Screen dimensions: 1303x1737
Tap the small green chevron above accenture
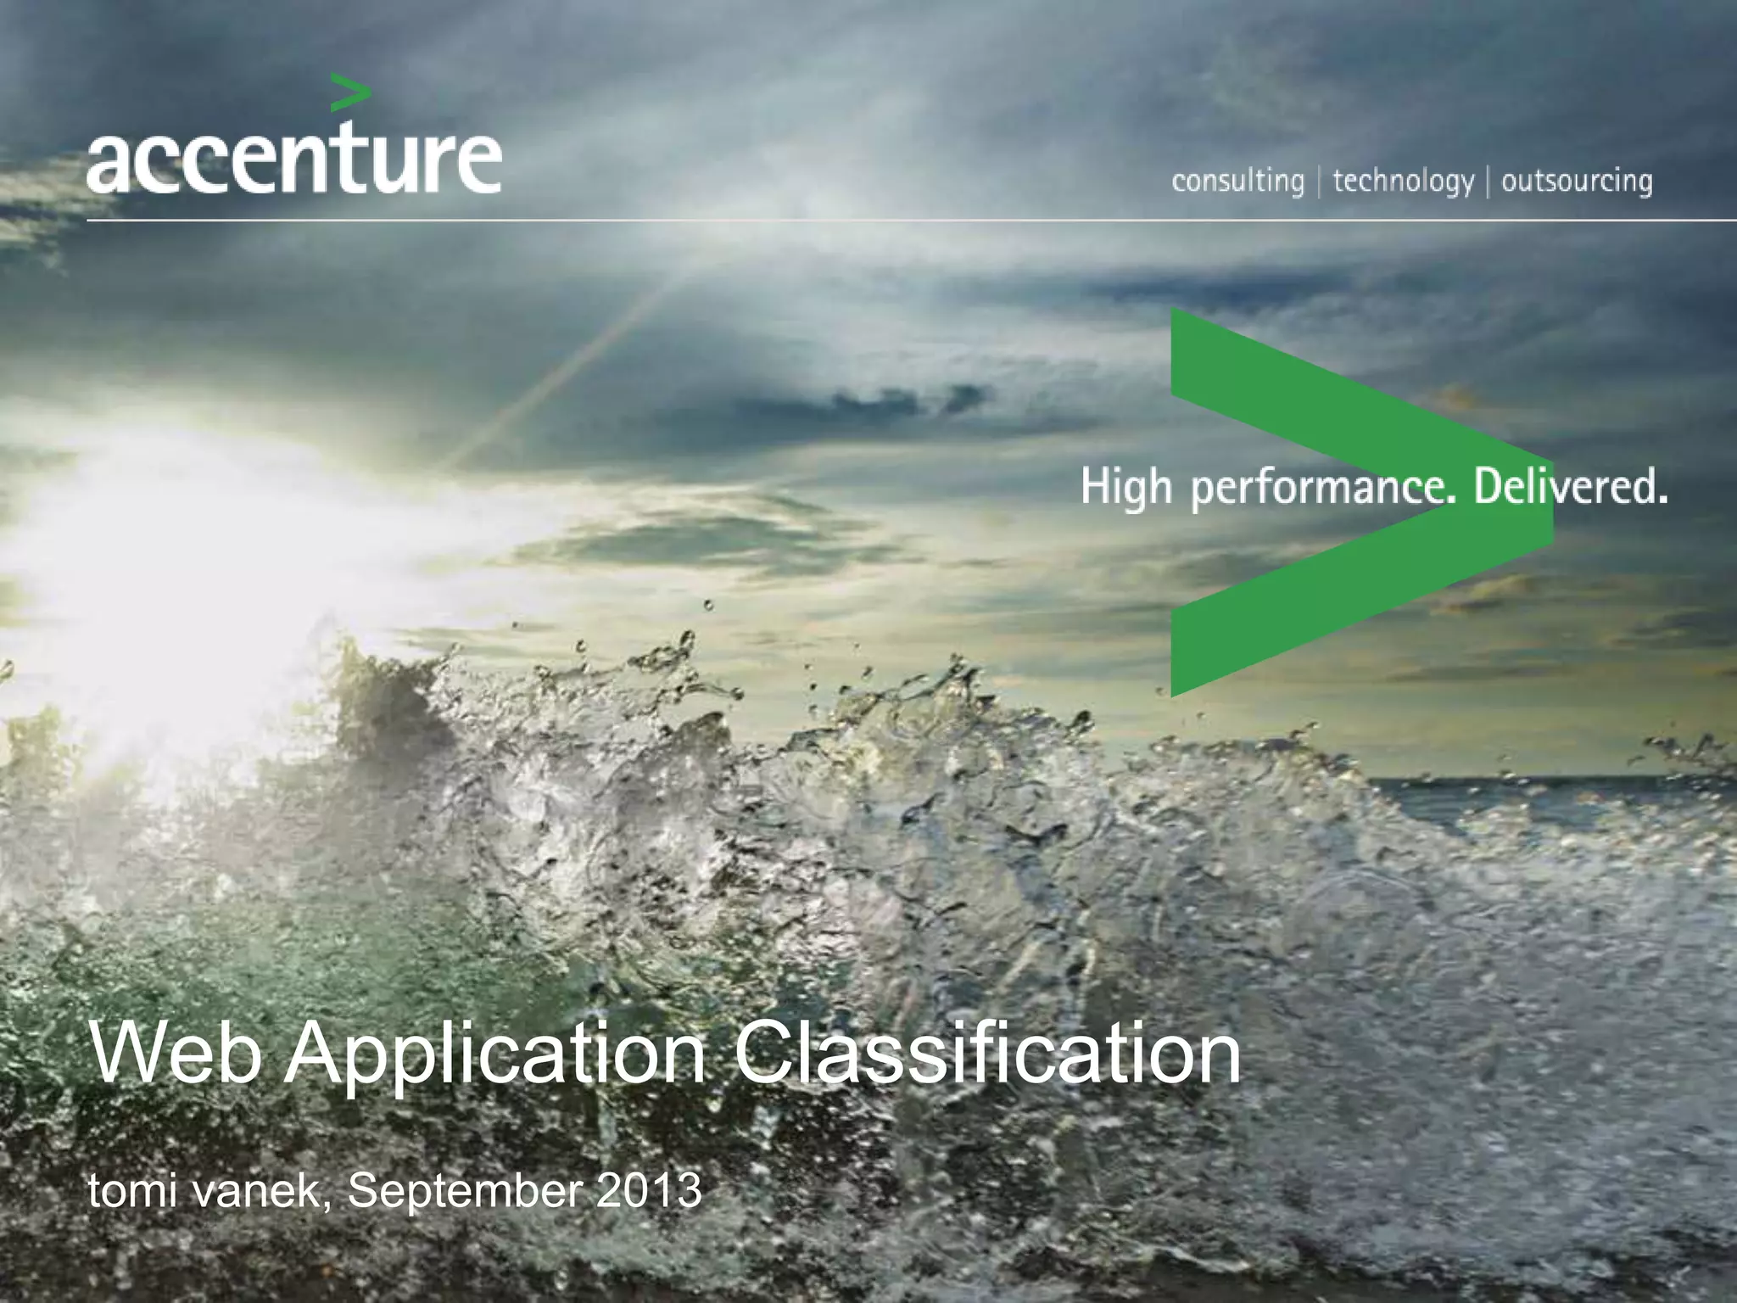click(x=349, y=92)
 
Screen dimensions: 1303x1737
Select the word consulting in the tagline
click(x=1237, y=182)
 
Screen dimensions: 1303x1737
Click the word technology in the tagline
click(x=1403, y=182)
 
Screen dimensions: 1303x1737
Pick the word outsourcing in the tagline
click(x=1577, y=182)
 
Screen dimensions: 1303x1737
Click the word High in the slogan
click(x=1126, y=490)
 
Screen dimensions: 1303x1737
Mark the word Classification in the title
click(x=986, y=1054)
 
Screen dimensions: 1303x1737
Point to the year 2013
click(x=649, y=1190)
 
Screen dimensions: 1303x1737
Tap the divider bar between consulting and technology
click(x=1319, y=182)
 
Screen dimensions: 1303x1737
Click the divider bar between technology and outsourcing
click(x=1488, y=182)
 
